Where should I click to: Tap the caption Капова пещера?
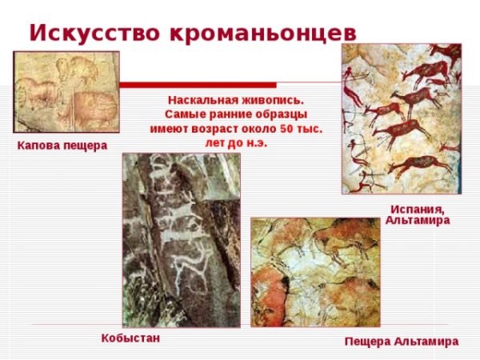[62, 146]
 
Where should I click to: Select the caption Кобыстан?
[130, 338]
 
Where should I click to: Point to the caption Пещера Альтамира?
[401, 342]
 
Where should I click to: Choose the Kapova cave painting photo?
[66, 91]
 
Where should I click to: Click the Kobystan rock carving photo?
[181, 239]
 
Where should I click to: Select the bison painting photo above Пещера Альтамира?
[315, 272]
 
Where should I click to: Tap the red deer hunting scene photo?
[402, 118]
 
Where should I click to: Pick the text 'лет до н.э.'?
[235, 143]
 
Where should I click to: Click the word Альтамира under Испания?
[418, 220]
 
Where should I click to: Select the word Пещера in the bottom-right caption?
[368, 342]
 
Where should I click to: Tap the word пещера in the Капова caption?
[86, 146]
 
